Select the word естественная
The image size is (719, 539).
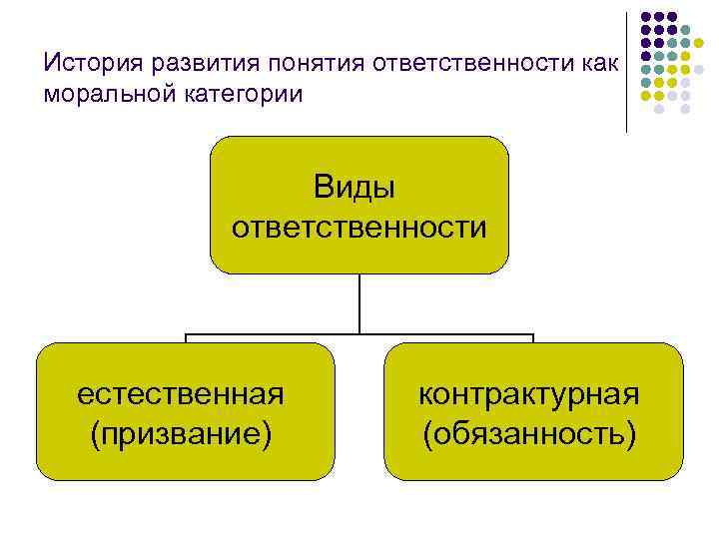[181, 393]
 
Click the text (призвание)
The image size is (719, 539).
[181, 434]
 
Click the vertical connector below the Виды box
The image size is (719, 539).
[359, 302]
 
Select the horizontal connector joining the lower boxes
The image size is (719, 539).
[359, 334]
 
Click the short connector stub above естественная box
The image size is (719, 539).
[186, 338]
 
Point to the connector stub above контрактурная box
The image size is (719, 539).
[533, 338]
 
